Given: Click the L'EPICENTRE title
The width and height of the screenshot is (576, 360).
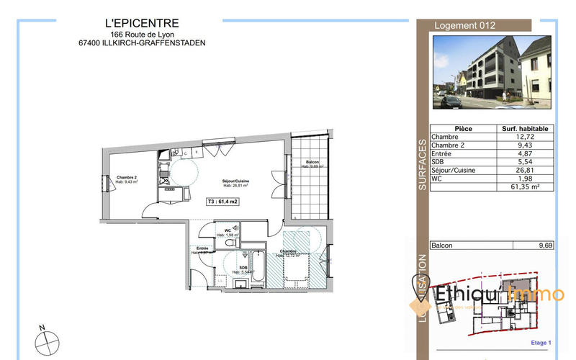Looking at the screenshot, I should [142, 24].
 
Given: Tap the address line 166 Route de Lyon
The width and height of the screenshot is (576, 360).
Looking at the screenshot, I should [142, 34].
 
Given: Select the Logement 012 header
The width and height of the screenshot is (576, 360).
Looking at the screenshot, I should [465, 25].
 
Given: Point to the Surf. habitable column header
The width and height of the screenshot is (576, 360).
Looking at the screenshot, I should [525, 128].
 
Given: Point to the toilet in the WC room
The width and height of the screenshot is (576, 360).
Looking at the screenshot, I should [231, 243].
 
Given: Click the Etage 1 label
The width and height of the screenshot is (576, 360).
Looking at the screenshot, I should [539, 343].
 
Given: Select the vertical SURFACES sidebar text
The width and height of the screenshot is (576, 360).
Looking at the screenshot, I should [423, 164].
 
